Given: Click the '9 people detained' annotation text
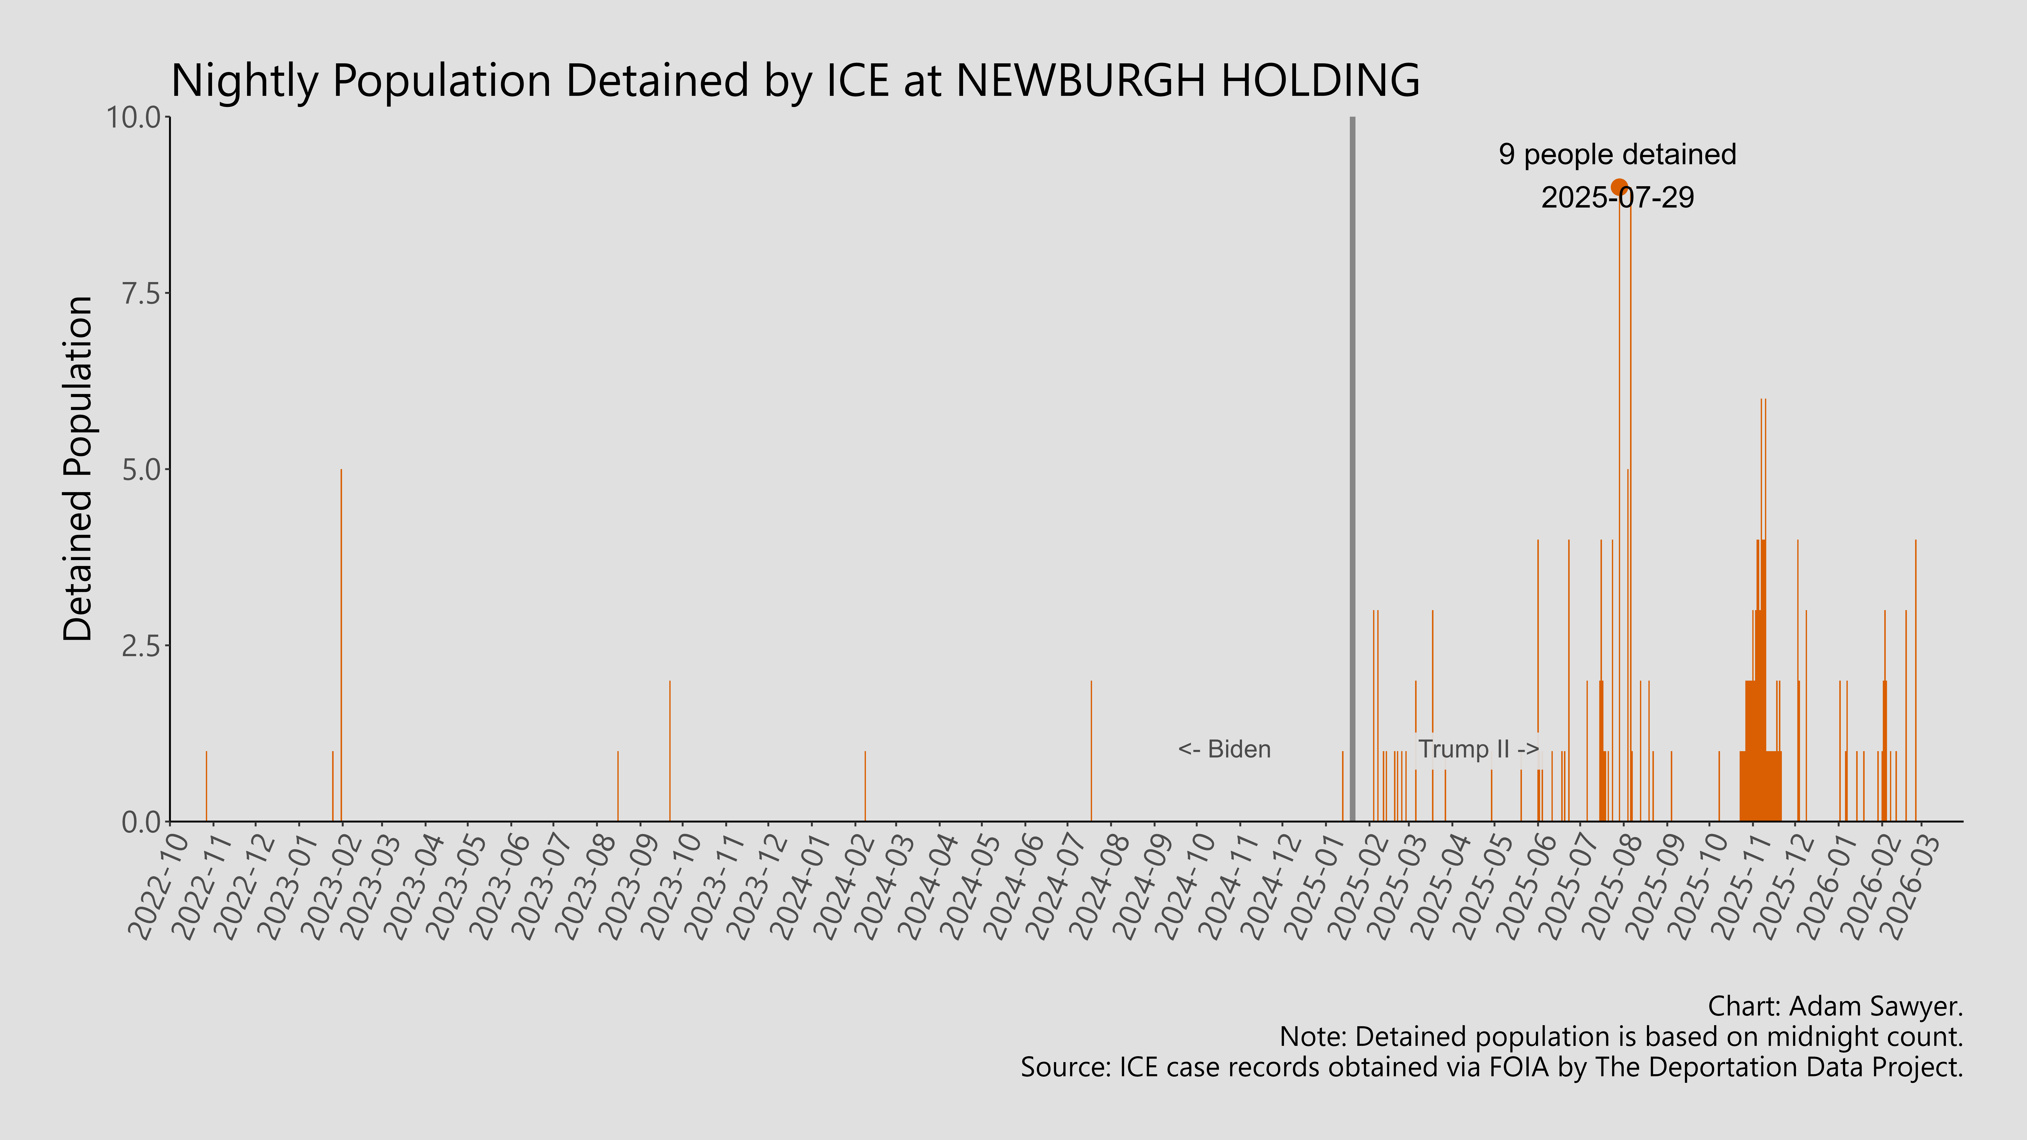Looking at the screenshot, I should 1617,154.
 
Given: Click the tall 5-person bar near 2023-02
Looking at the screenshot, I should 341,645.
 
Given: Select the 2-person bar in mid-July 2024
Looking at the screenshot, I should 1091,751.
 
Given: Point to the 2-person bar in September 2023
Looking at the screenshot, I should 670,751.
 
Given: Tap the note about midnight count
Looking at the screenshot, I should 1621,1037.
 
